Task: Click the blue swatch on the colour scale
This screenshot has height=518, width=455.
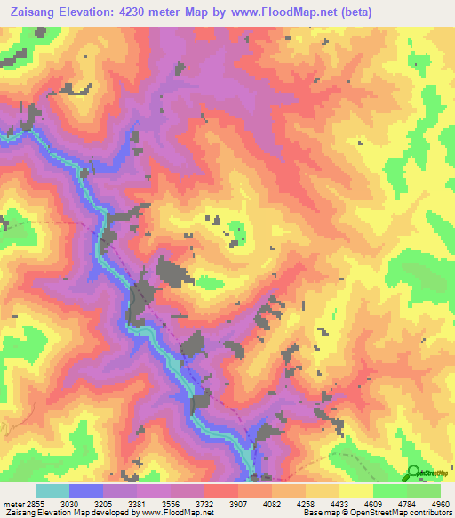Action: (86, 490)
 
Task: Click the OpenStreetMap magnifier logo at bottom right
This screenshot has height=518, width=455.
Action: (412, 473)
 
